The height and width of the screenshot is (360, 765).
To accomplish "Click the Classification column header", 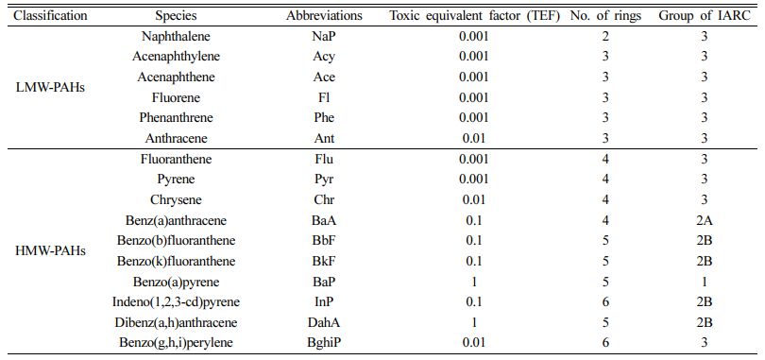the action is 50,16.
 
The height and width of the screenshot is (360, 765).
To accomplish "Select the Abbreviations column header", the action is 325,16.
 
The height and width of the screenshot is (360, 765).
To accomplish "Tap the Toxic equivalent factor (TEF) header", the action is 474,16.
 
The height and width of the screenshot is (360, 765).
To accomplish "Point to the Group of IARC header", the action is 704,16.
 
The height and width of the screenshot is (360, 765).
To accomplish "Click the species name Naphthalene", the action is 176,36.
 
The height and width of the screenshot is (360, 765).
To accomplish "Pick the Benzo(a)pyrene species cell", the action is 176,282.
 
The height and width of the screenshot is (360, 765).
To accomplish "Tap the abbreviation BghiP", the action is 325,343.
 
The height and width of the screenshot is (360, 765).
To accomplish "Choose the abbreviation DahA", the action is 325,322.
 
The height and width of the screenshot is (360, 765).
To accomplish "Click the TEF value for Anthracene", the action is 474,139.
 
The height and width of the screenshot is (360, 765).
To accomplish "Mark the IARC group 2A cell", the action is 704,220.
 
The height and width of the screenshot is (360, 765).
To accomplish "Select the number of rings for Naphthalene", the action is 606,36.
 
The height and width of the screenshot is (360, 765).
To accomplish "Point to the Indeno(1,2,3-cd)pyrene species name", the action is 176,302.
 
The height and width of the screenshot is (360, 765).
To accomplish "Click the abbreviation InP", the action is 325,302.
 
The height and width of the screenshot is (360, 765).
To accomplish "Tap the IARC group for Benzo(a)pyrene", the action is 704,282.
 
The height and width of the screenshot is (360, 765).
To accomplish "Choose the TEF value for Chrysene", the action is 474,200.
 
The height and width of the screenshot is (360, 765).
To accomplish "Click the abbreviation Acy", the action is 325,57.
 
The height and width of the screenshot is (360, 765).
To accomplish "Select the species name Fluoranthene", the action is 176,159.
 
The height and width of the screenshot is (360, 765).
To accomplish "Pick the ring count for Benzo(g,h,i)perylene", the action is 606,343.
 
